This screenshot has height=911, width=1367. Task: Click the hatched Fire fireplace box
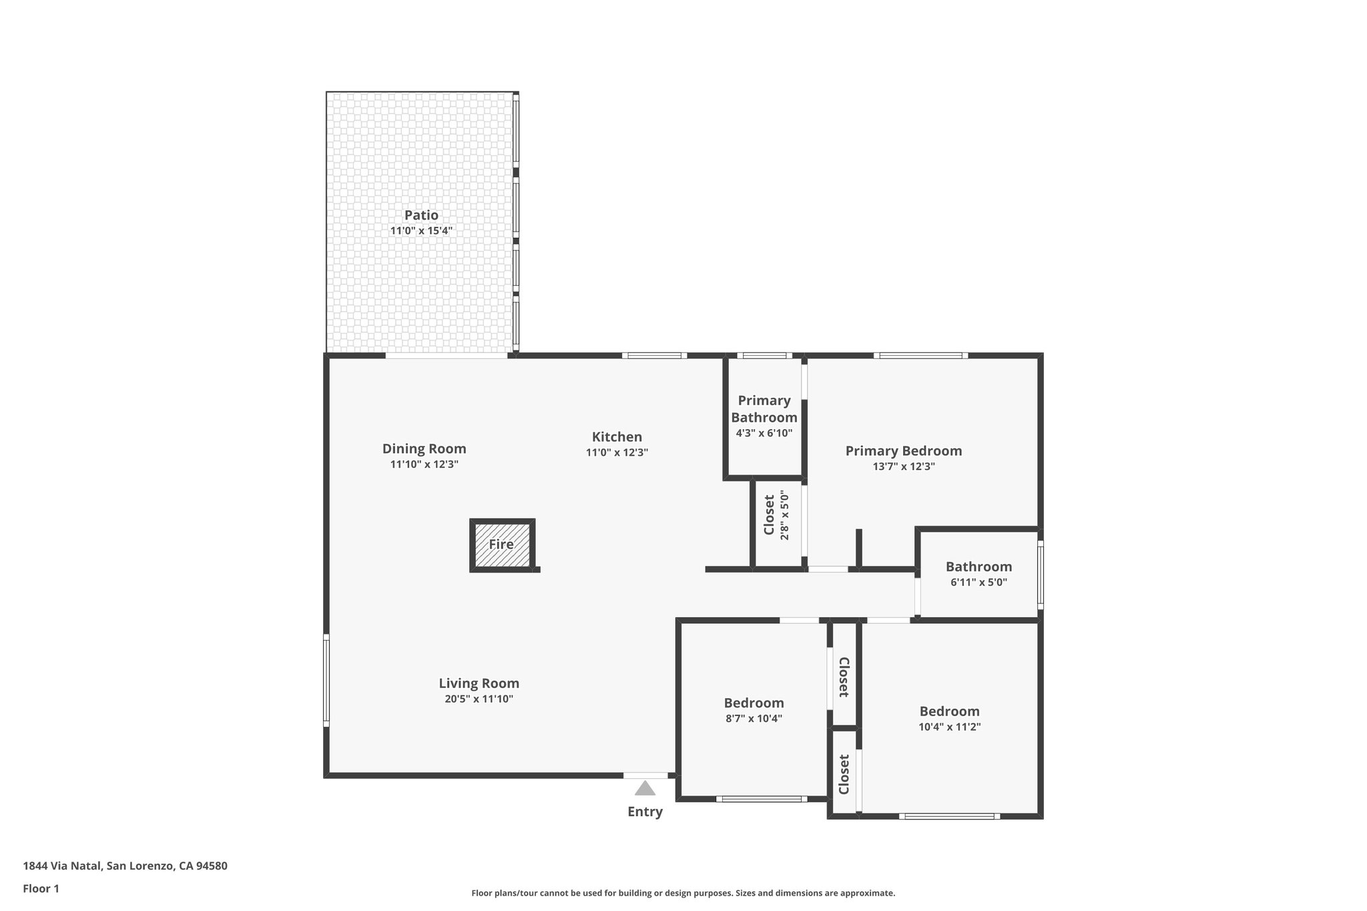coord(502,545)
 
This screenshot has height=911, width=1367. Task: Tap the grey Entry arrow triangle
coord(645,789)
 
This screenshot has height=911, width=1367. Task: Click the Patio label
coord(421,215)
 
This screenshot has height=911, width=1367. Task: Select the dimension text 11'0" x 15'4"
coord(421,231)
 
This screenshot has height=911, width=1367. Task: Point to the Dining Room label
coord(424,448)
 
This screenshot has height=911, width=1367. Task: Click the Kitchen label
coord(617,436)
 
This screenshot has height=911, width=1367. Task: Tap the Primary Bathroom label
coord(764,408)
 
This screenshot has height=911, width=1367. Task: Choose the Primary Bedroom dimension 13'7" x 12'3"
coord(903,467)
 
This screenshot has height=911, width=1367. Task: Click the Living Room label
coord(479,683)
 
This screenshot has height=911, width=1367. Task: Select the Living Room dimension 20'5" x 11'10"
coord(479,699)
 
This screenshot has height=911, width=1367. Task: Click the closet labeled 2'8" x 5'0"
coord(776,515)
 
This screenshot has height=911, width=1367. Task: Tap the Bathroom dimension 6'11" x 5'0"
coord(979,582)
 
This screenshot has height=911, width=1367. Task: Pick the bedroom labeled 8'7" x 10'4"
coord(754,710)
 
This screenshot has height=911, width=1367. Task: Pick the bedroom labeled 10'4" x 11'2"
coord(949,719)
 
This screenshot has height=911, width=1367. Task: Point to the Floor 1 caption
coord(41,888)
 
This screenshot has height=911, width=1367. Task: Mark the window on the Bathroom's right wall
coord(1040,575)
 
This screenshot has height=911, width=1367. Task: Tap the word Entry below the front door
coord(645,812)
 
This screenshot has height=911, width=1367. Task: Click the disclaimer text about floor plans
coord(683,893)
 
